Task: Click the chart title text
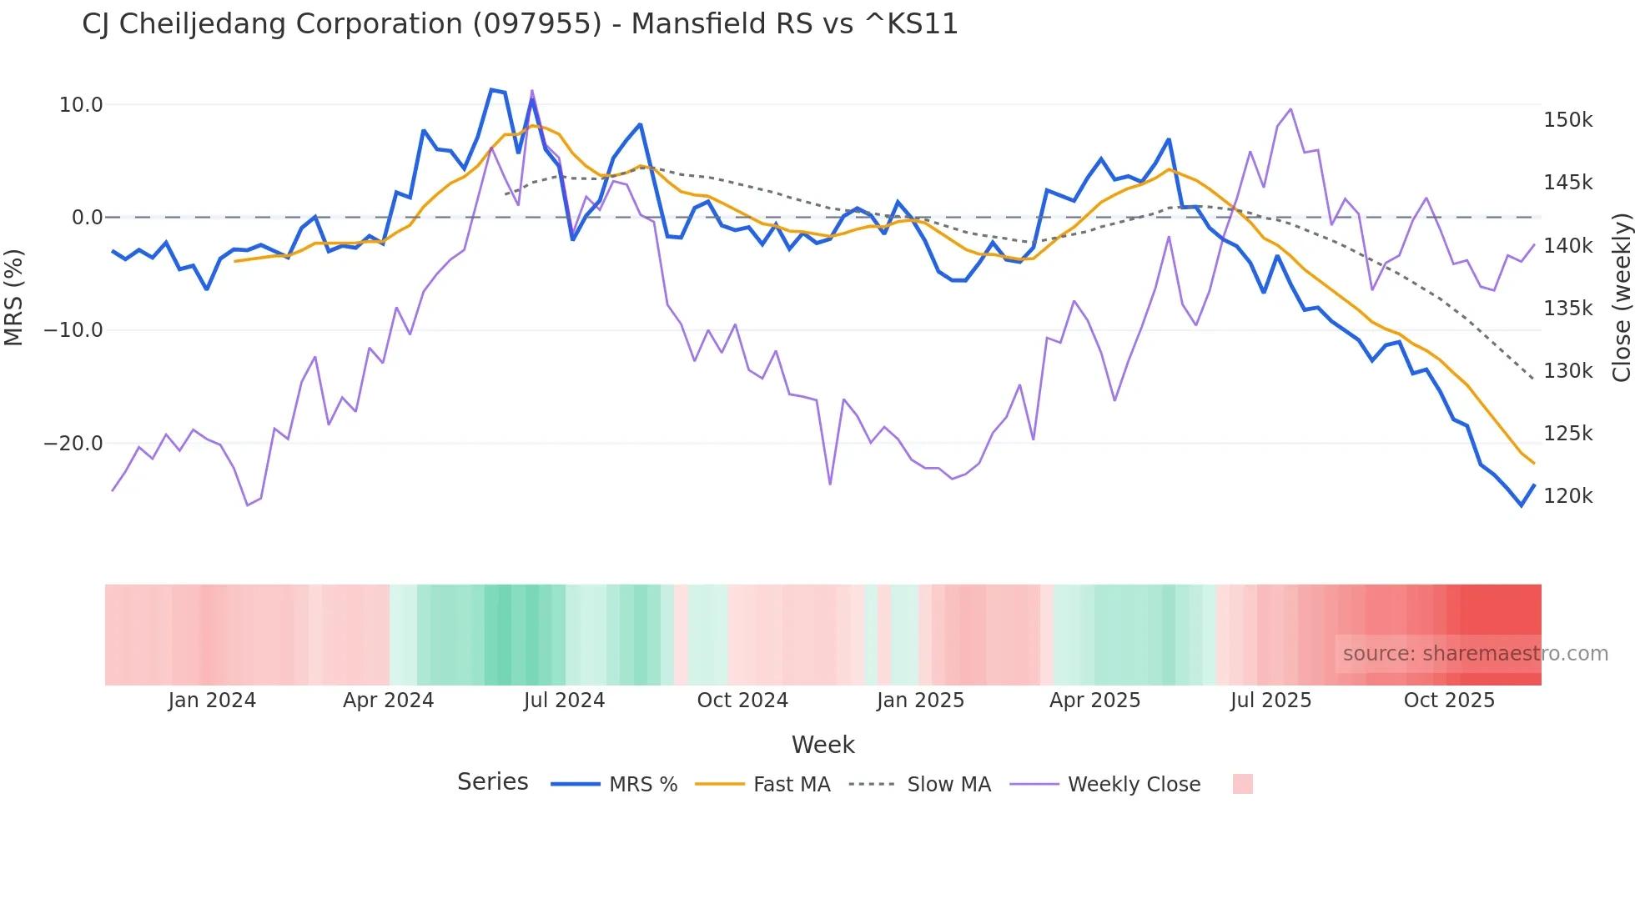(520, 24)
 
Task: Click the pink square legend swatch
(1242, 784)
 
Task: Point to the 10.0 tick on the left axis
(81, 105)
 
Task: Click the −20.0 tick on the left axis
(73, 444)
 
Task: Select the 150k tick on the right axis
(1567, 120)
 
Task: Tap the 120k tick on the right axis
(1567, 496)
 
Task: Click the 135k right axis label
(1567, 309)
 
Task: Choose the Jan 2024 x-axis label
(212, 701)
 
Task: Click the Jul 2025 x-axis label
(1270, 701)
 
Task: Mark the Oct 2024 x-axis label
(742, 701)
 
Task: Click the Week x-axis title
(823, 745)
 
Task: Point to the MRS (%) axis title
(14, 297)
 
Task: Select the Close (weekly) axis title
(1621, 297)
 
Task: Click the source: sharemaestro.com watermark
(1475, 654)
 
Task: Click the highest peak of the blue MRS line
(491, 89)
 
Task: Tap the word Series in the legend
(492, 782)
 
